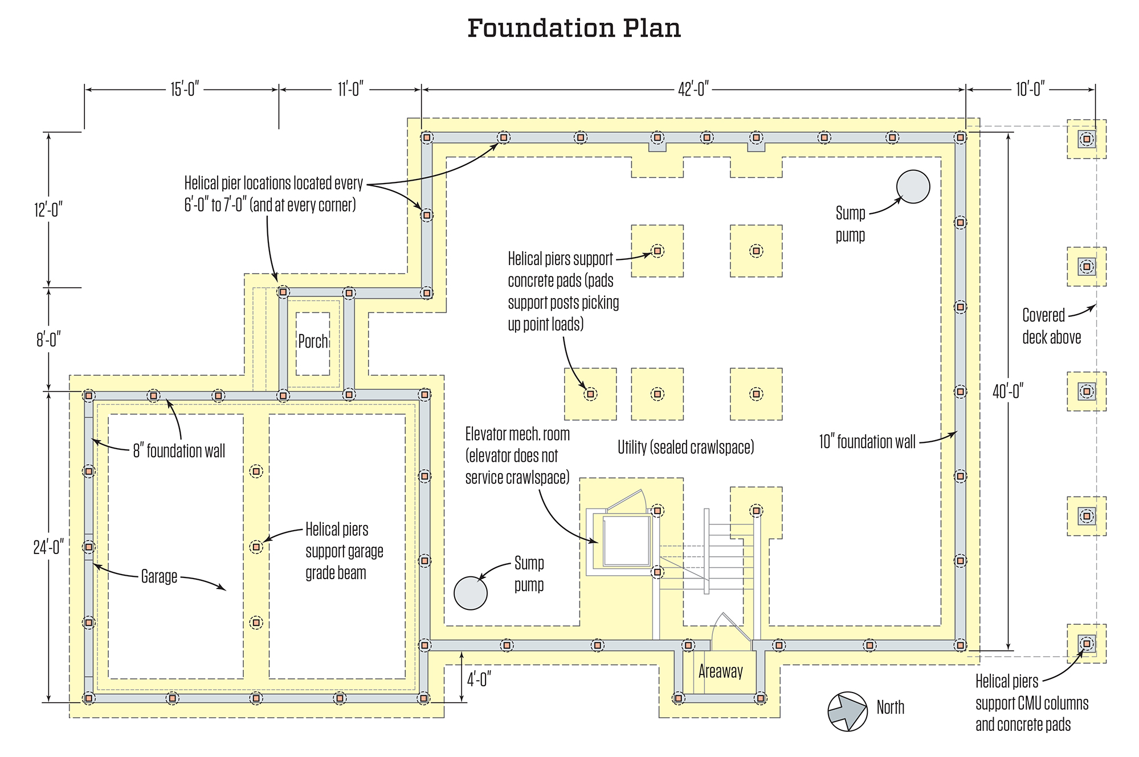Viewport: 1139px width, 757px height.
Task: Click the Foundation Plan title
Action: (x=574, y=29)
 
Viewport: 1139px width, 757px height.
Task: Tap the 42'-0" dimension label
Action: (x=693, y=89)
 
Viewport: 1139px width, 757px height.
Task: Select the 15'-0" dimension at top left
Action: (x=184, y=89)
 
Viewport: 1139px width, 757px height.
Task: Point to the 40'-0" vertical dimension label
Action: (x=1008, y=392)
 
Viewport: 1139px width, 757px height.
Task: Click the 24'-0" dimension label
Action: (x=48, y=547)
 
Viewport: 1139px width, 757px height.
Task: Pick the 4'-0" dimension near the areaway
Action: (x=479, y=679)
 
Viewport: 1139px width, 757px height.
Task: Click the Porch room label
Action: (x=313, y=341)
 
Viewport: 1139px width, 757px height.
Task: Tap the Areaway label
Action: (x=720, y=671)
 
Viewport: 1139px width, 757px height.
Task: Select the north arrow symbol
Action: (x=847, y=711)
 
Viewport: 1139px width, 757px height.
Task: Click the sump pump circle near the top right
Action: (x=913, y=187)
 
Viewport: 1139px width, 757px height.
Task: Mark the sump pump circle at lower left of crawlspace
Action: (x=471, y=593)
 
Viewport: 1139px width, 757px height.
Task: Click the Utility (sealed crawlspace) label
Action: (x=685, y=447)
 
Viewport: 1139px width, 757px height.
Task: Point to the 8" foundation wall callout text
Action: (x=179, y=451)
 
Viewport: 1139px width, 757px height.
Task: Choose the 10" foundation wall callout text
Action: (x=867, y=442)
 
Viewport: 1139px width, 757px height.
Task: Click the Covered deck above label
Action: (x=1051, y=326)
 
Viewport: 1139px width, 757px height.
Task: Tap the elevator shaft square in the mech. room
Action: (x=626, y=540)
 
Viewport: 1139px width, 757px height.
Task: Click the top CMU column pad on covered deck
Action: (x=1086, y=139)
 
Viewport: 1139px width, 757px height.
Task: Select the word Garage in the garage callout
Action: (x=159, y=576)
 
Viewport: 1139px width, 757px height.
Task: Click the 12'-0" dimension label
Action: (x=48, y=210)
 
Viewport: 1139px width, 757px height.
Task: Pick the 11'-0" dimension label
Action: (x=350, y=89)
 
